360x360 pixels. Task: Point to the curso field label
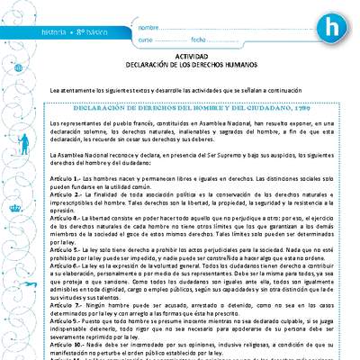(x=147, y=41)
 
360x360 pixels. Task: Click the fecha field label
(x=200, y=41)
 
